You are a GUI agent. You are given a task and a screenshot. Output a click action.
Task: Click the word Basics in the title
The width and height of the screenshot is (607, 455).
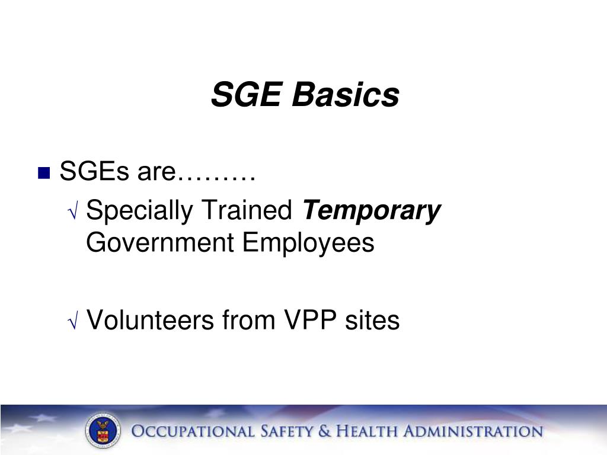point(344,95)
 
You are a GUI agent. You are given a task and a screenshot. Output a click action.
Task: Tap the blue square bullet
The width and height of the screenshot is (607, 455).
point(43,174)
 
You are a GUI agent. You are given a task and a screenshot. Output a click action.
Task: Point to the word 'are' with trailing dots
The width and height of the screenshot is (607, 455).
point(196,173)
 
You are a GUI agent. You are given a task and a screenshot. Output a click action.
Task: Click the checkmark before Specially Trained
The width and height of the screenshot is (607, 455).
point(74,212)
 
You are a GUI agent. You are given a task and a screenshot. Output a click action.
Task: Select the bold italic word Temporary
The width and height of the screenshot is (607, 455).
point(372,211)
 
